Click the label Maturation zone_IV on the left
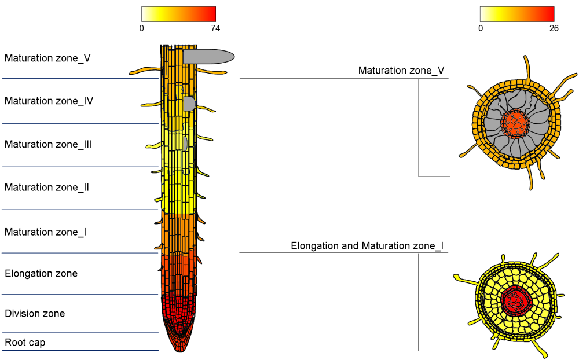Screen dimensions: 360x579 coord(49,101)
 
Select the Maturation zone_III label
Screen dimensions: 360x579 coord(48,144)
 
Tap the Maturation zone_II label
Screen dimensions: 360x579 coord(46,188)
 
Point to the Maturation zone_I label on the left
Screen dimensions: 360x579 coord(45,232)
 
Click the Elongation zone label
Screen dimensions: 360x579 coord(41,273)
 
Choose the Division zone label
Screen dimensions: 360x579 coord(35,314)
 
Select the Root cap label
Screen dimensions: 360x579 coord(25,343)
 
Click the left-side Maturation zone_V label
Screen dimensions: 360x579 coord(47,58)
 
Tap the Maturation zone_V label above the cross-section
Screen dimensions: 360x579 coord(401,71)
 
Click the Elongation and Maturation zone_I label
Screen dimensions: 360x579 coord(367,247)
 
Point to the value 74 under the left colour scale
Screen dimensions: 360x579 coord(215,28)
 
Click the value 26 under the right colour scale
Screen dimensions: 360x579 coord(554,28)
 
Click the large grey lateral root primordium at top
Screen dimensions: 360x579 coord(208,56)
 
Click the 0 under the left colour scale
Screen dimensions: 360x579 coord(142,28)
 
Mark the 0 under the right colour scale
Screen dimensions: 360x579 coord(481,28)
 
